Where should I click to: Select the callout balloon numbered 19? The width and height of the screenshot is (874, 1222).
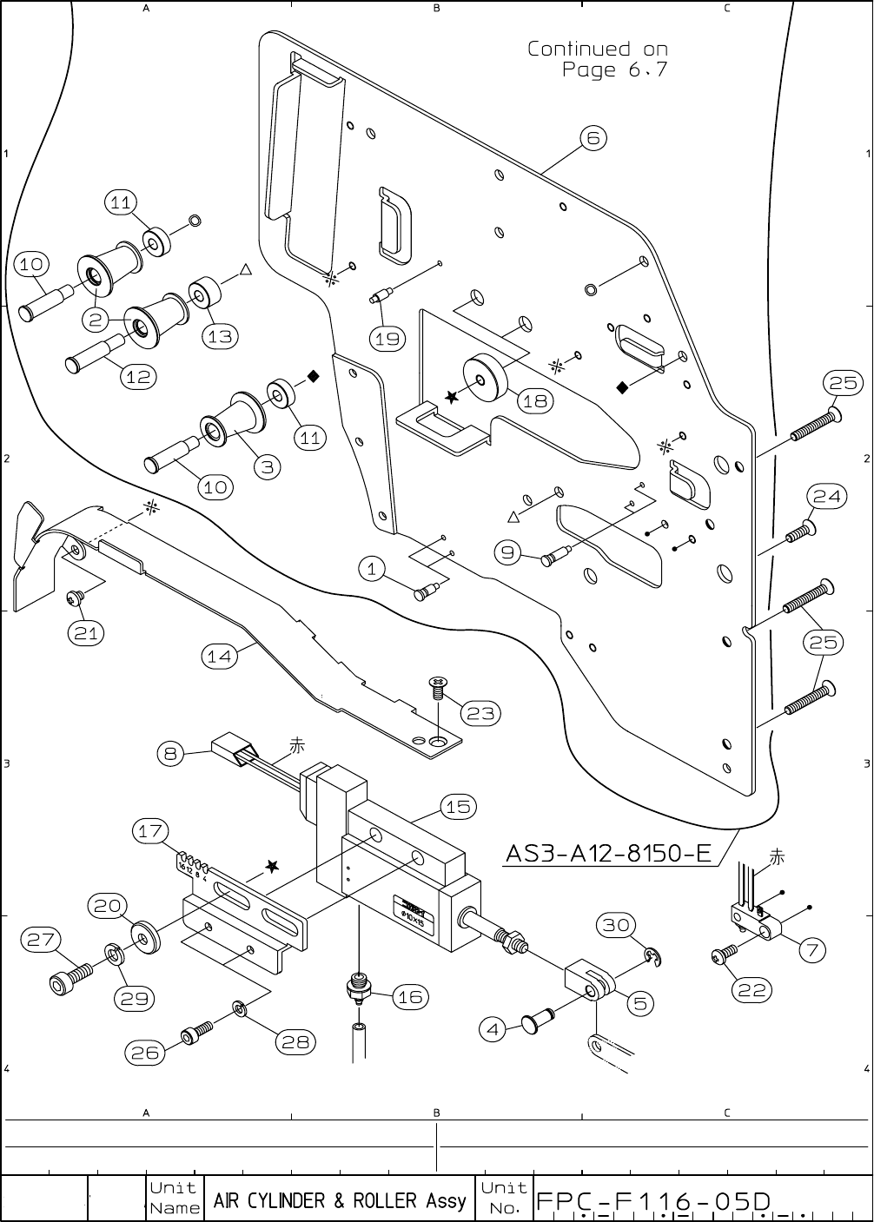pos(387,338)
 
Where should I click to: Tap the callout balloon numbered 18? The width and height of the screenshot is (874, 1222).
pos(536,400)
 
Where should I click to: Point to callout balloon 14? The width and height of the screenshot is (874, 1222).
pos(219,657)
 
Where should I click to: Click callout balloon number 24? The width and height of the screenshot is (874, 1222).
pos(827,496)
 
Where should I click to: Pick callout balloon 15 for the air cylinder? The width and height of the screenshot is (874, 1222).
pos(458,807)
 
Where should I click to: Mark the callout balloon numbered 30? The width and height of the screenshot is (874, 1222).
pos(616,925)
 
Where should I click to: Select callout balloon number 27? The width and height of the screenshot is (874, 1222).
pos(42,940)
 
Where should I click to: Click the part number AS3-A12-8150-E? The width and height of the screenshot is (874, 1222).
pos(607,854)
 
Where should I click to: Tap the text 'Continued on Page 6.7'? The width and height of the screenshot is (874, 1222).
pos(598,59)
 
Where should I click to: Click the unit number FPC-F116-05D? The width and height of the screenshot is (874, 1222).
pos(654,1201)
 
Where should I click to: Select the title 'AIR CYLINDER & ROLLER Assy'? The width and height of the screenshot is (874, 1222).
pos(339,1201)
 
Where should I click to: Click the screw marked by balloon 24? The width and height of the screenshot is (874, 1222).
pos(800,532)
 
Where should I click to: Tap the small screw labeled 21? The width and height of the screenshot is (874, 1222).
pos(74,598)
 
